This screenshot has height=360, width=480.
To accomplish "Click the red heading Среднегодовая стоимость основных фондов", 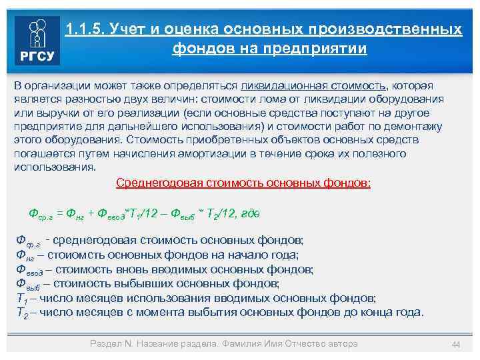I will coord(243,183).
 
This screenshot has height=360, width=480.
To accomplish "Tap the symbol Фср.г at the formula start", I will coord(40,213).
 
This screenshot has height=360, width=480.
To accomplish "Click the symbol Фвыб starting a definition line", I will coord(27,283).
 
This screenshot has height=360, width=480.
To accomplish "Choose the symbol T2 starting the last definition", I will coord(21,312).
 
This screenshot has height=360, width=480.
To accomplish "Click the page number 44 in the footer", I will coord(456,344).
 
